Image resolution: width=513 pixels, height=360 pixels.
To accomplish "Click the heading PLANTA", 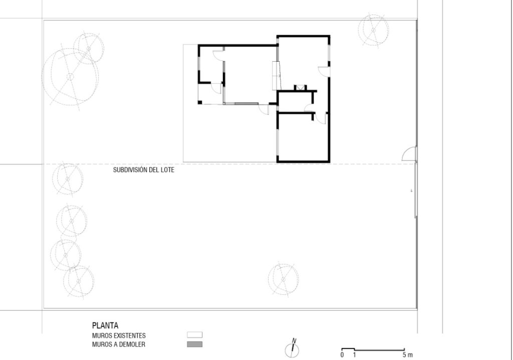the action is click(105, 325).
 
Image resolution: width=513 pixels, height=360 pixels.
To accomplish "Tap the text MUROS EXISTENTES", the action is click(119, 336).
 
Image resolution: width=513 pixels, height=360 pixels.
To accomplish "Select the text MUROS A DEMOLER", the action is click(118, 344).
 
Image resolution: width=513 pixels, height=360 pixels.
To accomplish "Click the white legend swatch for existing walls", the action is click(195, 335).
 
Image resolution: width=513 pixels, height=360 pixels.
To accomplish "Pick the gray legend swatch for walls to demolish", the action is click(195, 344).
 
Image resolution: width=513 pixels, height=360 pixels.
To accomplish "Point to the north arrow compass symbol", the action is click(292, 349).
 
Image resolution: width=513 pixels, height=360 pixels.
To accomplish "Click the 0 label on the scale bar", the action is click(342, 355).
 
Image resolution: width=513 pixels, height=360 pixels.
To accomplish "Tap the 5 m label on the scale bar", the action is click(408, 355).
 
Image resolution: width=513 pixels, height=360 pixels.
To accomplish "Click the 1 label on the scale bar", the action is click(354, 355).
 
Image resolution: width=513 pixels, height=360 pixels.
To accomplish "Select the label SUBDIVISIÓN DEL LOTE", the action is click(144, 170).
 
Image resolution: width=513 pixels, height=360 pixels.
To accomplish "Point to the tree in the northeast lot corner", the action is click(373, 30).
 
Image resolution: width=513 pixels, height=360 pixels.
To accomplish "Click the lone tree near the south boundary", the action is click(283, 279).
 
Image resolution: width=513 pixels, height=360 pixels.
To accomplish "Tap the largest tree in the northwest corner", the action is click(70, 77).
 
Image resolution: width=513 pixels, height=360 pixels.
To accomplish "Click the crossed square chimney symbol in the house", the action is click(300, 88).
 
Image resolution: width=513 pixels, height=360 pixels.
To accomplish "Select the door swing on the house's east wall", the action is click(324, 71).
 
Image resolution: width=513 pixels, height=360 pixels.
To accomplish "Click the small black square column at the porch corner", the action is click(199, 102).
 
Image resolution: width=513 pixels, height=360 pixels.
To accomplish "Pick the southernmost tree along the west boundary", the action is click(79, 281).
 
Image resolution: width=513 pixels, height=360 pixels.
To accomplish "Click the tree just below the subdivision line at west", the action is click(68, 179).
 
